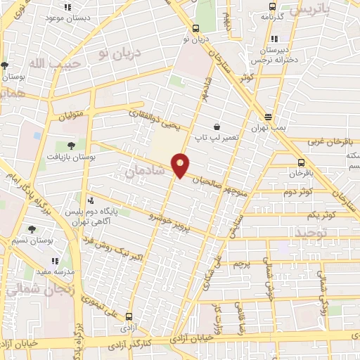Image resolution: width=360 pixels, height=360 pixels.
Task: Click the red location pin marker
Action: (181, 165)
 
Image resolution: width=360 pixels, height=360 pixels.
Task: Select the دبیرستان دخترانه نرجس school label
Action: (273, 56)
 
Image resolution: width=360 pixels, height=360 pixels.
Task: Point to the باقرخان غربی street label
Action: (331, 142)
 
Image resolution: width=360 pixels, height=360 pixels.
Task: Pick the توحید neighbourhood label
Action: (311, 232)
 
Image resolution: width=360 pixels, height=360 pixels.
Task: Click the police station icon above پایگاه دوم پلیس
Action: (89, 201)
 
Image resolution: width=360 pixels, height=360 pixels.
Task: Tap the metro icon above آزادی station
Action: (128, 316)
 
